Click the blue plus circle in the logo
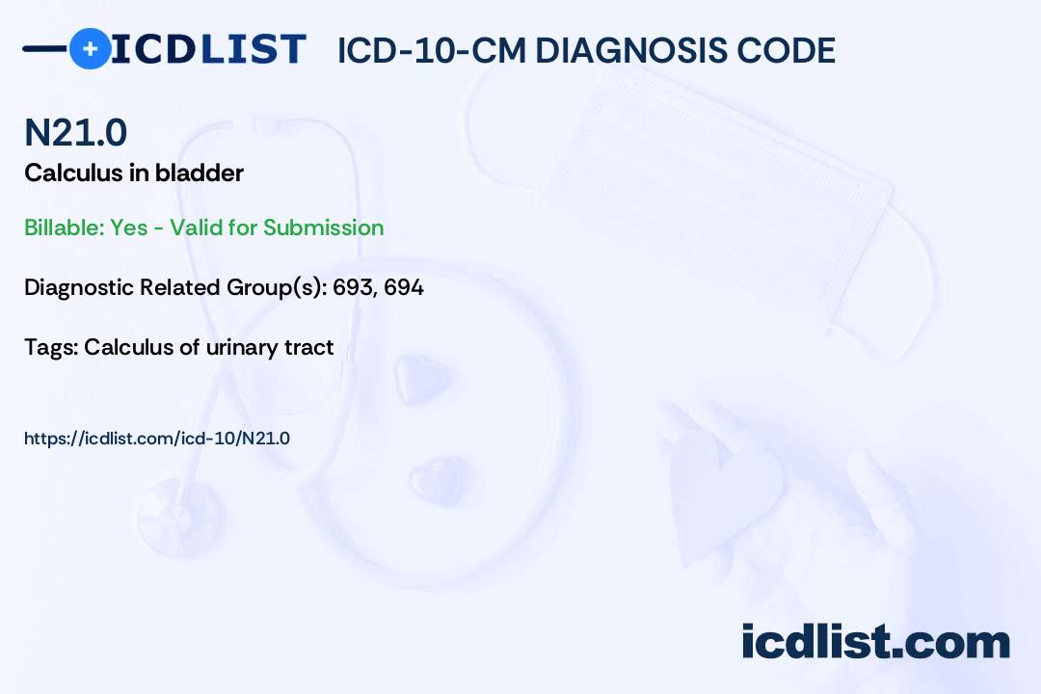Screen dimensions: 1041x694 pos(90,48)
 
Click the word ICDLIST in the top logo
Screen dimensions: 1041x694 pos(208,49)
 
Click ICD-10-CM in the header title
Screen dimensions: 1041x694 pos(432,50)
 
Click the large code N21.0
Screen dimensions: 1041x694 pos(76,132)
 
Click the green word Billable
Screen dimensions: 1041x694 pos(65,227)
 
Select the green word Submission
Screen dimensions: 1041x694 pos(323,227)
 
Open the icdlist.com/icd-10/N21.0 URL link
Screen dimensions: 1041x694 pos(157,439)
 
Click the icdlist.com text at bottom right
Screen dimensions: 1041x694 pos(875,641)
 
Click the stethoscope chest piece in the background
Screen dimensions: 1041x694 pos(179,516)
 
